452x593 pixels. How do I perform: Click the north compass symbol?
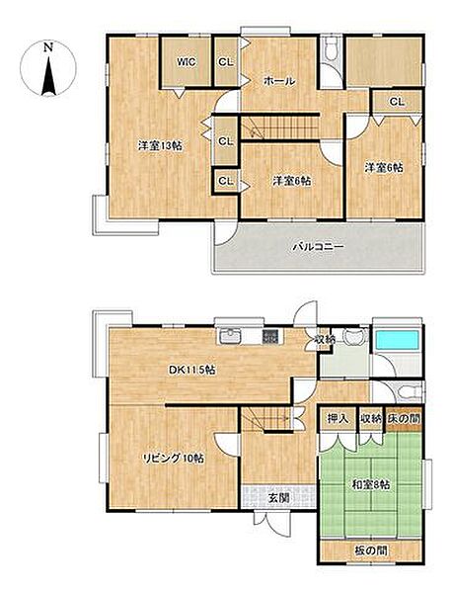click(48, 69)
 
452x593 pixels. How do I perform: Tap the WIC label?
click(187, 61)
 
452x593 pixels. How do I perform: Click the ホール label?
click(278, 81)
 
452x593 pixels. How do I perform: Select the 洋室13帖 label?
click(160, 145)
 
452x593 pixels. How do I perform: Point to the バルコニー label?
click(319, 247)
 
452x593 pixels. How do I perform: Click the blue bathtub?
click(398, 340)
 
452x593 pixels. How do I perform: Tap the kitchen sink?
click(229, 336)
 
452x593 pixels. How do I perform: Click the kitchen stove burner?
click(270, 336)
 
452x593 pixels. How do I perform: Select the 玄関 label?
click(278, 498)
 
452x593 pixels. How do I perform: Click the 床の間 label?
click(404, 419)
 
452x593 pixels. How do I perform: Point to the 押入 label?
click(338, 419)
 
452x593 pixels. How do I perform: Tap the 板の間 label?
click(371, 551)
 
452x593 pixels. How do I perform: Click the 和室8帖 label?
click(371, 484)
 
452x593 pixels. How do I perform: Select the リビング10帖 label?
click(174, 459)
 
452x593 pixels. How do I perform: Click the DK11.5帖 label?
click(191, 370)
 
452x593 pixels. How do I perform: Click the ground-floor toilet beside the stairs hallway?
click(409, 391)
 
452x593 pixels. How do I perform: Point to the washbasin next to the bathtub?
click(354, 336)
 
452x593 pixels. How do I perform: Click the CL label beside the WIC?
click(226, 62)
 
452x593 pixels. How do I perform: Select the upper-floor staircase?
click(280, 127)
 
